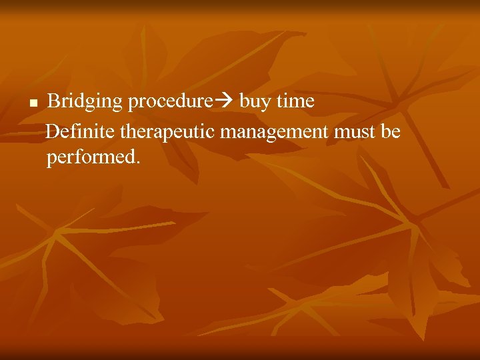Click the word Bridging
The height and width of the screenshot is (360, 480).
85,102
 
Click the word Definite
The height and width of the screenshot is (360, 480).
81,131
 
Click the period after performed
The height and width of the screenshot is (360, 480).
138,163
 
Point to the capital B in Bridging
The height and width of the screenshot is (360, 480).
55,101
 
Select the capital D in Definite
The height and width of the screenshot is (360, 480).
54,131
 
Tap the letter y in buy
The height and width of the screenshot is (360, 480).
264,104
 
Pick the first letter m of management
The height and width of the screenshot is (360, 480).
227,133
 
